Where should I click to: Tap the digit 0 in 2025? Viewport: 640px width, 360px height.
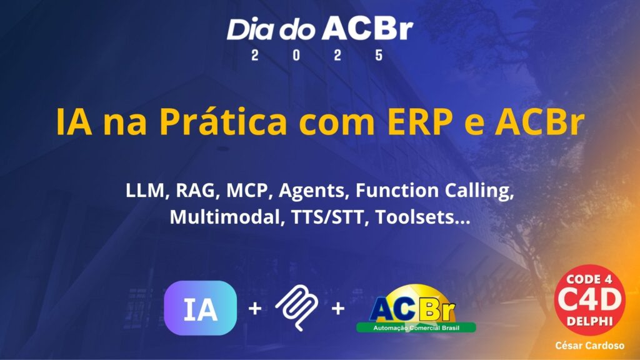point(296,55)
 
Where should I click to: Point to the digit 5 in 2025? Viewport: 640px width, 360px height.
point(379,55)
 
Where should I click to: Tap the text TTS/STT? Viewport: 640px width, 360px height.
point(327,217)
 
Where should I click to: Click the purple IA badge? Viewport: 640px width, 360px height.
point(201,308)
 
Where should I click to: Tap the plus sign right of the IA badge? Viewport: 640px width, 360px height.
point(255,309)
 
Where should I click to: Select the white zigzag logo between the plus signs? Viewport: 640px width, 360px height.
point(297,307)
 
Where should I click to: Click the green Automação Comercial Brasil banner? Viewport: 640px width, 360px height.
point(416,327)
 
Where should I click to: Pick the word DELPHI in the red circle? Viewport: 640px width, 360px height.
point(590,321)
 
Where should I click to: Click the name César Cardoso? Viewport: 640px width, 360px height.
point(590,346)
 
